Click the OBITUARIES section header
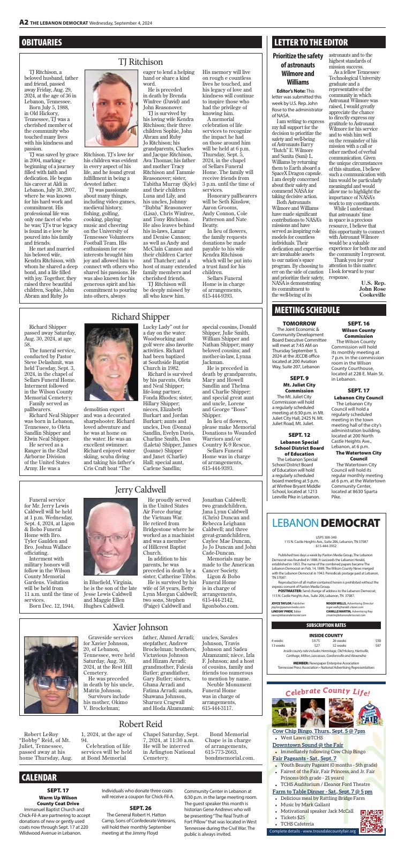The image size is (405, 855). pyautogui.click(x=42, y=42)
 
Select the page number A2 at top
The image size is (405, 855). pyautogui.click(x=24, y=22)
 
